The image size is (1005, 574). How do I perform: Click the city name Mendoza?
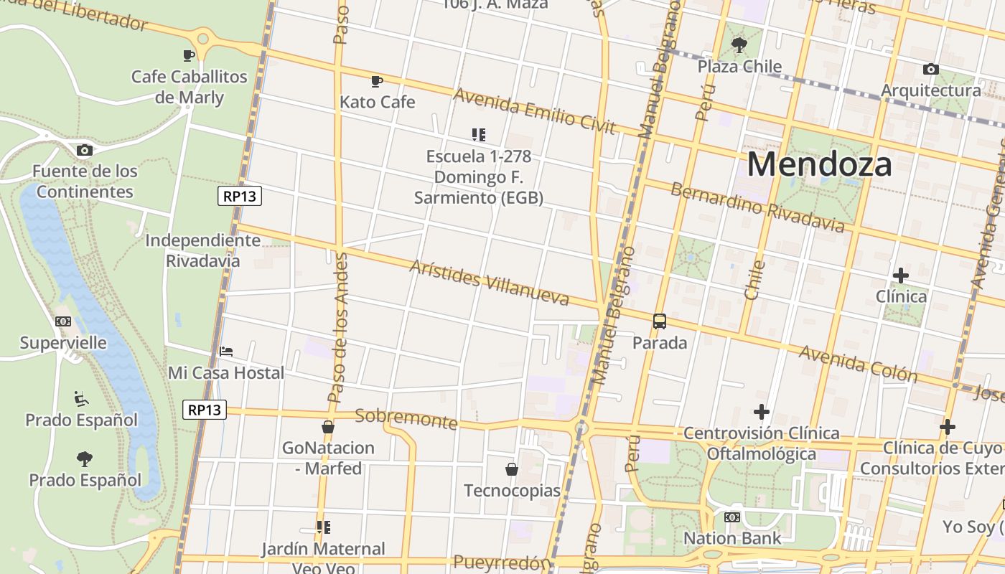[820, 164]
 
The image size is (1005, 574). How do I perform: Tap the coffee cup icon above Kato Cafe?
[377, 81]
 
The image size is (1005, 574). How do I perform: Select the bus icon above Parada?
[659, 321]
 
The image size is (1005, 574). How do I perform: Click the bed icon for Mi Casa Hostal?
[226, 352]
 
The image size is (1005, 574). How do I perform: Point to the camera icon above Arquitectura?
[930, 70]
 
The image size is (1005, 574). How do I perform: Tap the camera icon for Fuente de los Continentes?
[85, 150]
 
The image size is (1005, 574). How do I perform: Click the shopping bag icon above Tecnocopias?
[512, 469]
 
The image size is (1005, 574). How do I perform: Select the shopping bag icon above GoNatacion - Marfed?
[328, 427]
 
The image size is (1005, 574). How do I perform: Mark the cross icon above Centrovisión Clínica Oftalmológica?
[761, 412]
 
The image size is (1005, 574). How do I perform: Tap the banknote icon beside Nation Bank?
[732, 517]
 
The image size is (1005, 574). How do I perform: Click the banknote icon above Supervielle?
[63, 321]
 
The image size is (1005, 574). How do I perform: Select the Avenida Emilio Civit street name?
[534, 110]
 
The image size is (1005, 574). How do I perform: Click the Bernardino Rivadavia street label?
[757, 208]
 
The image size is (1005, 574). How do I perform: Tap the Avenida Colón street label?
[858, 363]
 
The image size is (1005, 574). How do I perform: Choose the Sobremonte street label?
[406, 418]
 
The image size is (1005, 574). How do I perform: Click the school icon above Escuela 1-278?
[479, 134]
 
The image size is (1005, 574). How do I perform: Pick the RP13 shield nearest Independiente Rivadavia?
[240, 196]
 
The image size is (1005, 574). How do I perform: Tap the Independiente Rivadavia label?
[203, 250]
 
